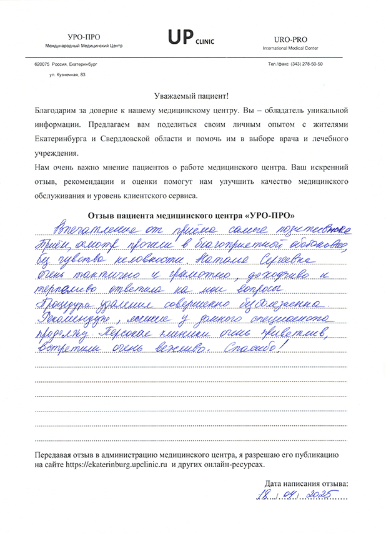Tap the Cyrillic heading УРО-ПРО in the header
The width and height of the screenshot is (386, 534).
click(84, 38)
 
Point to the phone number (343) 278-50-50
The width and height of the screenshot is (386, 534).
click(304, 64)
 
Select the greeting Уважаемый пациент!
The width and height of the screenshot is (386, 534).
click(192, 96)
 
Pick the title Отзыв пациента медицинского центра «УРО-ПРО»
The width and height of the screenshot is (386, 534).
click(192, 215)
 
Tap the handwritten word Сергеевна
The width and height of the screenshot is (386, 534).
click(290, 258)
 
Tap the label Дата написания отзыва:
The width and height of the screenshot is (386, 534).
click(307, 483)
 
